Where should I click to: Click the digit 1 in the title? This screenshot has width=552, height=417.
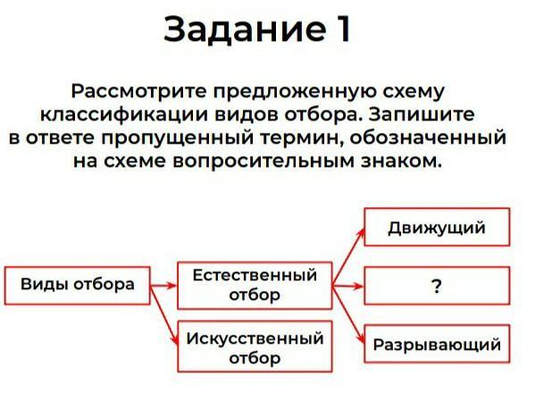[x=341, y=29]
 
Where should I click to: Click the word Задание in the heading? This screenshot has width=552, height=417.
[x=245, y=29]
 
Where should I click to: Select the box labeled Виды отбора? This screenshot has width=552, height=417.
[x=78, y=286]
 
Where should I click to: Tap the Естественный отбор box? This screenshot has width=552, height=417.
[x=255, y=286]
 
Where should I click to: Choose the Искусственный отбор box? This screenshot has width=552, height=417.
[x=255, y=346]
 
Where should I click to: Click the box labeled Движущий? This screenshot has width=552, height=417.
[x=437, y=227]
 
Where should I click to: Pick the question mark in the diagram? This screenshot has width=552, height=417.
[x=436, y=286]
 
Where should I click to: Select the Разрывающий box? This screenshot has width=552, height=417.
[x=437, y=344]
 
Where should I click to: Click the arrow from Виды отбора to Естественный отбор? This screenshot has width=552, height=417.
[x=163, y=286]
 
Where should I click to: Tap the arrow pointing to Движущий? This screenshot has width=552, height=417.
[x=348, y=257]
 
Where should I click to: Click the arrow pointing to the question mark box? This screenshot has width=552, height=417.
[x=347, y=286]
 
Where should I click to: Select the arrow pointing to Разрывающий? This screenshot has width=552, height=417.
[x=348, y=314]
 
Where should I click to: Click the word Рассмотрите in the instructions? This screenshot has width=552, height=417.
[x=139, y=91]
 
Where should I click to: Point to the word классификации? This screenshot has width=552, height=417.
[x=124, y=114]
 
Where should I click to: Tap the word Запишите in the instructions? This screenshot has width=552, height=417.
[x=422, y=114]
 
